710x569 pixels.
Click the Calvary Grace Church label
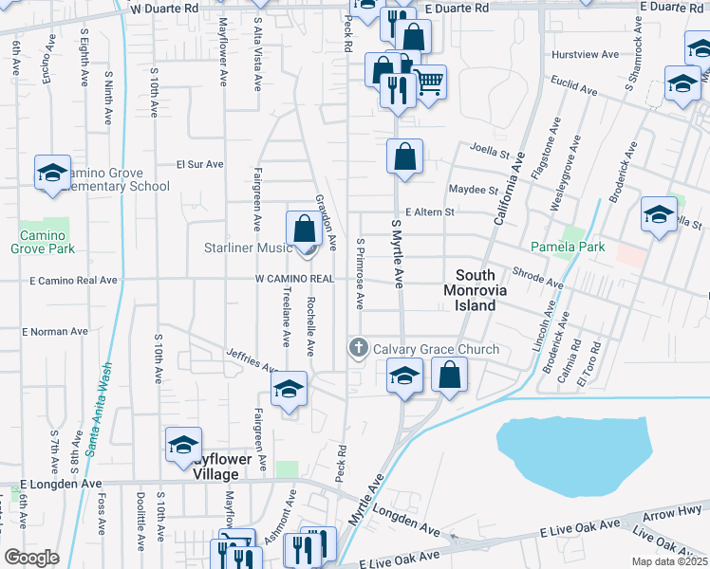[x=436, y=349]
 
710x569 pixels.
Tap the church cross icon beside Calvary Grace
[x=359, y=348]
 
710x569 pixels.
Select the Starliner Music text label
[x=247, y=248]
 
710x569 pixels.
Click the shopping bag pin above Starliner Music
[x=305, y=229]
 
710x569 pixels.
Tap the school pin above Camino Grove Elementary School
[x=52, y=173]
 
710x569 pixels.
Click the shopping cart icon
[x=429, y=83]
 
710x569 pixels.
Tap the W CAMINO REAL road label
[x=294, y=279]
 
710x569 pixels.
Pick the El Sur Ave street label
[x=199, y=164]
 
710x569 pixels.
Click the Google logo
[x=31, y=558]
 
